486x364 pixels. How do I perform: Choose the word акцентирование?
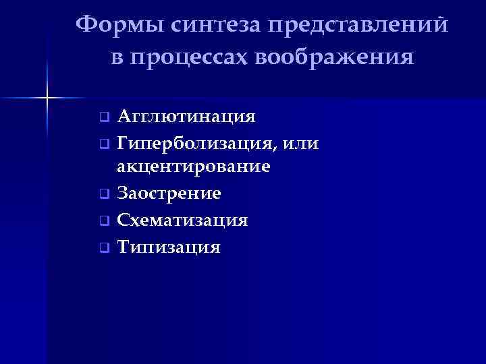click(x=194, y=166)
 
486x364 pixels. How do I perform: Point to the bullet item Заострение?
click(x=169, y=193)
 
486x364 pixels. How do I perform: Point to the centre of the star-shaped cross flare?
click(x=47, y=98)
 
